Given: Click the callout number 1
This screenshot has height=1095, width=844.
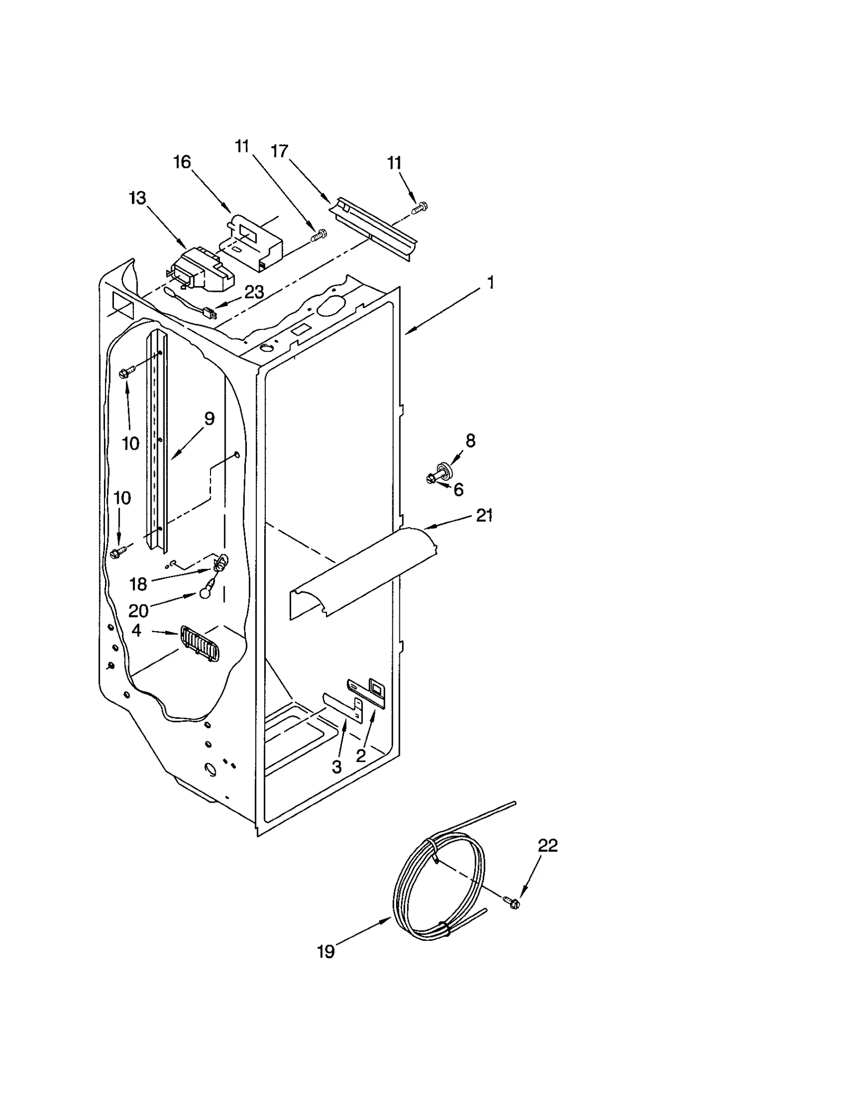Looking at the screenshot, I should click(x=491, y=283).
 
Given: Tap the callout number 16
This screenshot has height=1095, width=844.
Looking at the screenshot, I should click(x=182, y=162).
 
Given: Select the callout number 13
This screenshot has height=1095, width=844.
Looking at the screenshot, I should click(x=137, y=199).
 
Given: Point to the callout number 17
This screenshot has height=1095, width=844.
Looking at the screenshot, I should click(x=280, y=151).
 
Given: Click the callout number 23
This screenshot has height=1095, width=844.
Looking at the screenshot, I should click(x=254, y=292).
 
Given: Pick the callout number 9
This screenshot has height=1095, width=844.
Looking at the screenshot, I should click(x=209, y=419).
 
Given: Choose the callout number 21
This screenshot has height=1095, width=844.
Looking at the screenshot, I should click(x=484, y=515).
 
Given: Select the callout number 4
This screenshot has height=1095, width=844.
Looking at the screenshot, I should click(x=137, y=630).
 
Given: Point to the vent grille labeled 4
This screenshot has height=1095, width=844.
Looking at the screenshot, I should click(x=199, y=644).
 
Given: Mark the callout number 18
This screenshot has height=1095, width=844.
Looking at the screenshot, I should click(x=138, y=584).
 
